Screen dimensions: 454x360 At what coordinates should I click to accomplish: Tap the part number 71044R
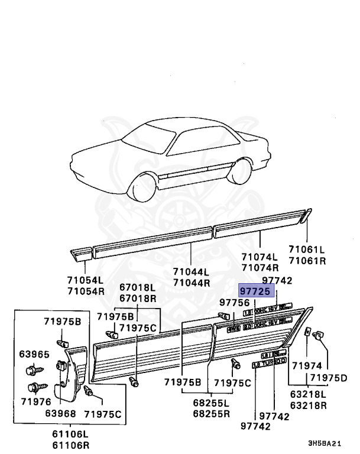[191, 282]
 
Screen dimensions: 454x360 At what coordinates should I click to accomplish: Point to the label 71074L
[259, 257]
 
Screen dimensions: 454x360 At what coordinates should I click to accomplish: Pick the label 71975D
[330, 377]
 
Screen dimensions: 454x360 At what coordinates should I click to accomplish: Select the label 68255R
[211, 413]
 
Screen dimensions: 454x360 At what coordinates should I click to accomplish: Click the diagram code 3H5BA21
[325, 443]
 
